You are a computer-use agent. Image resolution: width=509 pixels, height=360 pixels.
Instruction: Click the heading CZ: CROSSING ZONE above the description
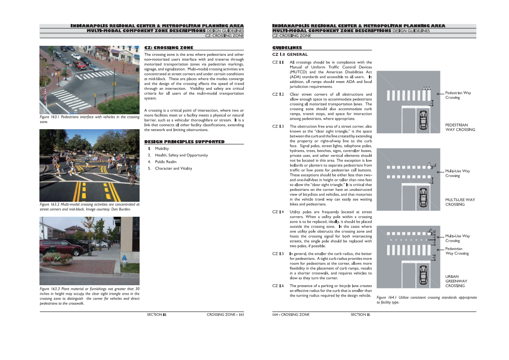point(169,48)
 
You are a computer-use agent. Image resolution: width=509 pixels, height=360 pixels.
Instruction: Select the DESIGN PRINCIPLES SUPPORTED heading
point(184,142)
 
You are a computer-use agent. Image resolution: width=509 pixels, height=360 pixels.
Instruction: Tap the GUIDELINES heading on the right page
point(287,48)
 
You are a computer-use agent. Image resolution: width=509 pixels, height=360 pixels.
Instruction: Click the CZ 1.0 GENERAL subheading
point(290,54)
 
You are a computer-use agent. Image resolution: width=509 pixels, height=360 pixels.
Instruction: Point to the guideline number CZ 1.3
point(278,126)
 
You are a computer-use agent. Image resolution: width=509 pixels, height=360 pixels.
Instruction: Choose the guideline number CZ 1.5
point(278,253)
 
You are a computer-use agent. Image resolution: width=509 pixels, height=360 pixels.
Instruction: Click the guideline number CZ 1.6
point(278,286)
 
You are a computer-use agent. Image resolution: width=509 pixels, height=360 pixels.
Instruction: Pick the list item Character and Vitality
point(173,168)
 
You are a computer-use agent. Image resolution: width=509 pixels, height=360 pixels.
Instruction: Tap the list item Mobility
point(161,149)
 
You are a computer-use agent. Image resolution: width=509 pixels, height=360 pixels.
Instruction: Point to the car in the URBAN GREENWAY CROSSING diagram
point(423,273)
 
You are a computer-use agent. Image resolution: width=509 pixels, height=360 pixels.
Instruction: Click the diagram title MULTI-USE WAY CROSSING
point(460,202)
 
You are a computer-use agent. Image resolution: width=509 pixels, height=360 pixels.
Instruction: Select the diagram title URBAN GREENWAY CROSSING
point(456,281)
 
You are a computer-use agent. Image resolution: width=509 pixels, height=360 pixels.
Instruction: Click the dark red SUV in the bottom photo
point(56,247)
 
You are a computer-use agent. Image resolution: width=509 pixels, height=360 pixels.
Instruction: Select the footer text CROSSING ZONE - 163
point(225,314)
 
